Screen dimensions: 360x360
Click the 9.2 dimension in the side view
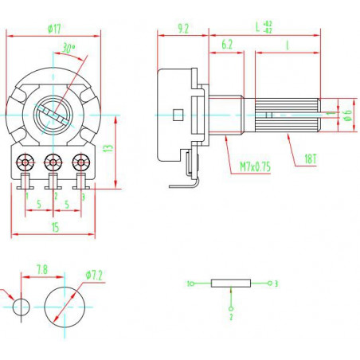[183, 29]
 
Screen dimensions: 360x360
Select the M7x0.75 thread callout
[256, 166]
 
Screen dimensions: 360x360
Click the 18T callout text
[311, 158]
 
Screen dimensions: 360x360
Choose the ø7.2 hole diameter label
[94, 275]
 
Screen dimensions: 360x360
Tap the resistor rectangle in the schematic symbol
[231, 284]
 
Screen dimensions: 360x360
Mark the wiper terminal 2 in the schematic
[231, 309]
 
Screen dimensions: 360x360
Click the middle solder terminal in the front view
[53, 162]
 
